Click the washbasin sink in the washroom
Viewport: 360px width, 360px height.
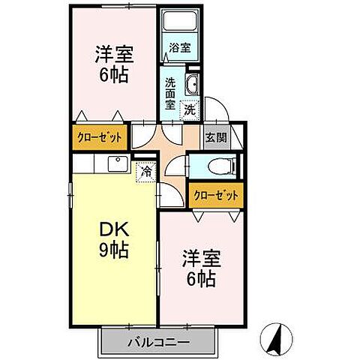[x=192, y=85]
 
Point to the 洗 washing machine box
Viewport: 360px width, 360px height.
[x=190, y=109]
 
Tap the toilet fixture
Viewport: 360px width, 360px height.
[x=222, y=166]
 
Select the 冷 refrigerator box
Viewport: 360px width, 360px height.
[x=147, y=171]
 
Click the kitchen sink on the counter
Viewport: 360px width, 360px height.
[x=116, y=164]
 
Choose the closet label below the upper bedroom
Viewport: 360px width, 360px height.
[x=100, y=139]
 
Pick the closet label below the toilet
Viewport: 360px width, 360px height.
[x=215, y=195]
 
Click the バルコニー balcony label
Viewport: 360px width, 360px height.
[x=157, y=342]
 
